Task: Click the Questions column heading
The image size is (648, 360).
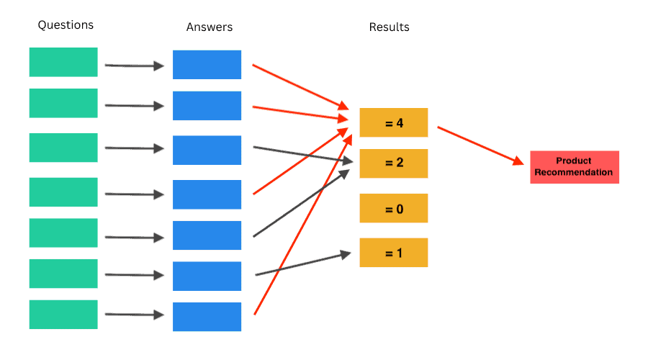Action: coord(66,25)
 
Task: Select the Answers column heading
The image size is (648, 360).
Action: coord(210,27)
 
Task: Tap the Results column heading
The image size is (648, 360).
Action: coord(389,27)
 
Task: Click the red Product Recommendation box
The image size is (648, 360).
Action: coord(574,167)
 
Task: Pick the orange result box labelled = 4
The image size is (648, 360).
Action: coord(394,122)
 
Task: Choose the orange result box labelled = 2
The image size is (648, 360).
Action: coord(394,163)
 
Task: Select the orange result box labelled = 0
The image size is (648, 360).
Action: coord(394,208)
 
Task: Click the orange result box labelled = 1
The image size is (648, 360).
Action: coord(394,253)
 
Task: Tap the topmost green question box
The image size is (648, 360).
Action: coord(63,62)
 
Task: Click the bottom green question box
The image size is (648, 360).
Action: coord(63,315)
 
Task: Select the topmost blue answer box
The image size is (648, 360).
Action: coord(207,65)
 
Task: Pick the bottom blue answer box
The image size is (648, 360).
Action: coord(207,317)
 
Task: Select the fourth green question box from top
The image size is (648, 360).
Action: coord(63,192)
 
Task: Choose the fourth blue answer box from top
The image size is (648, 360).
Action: coord(207,194)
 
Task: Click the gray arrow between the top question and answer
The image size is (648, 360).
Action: coord(134,66)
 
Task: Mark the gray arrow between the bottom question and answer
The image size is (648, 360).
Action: coord(134,314)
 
